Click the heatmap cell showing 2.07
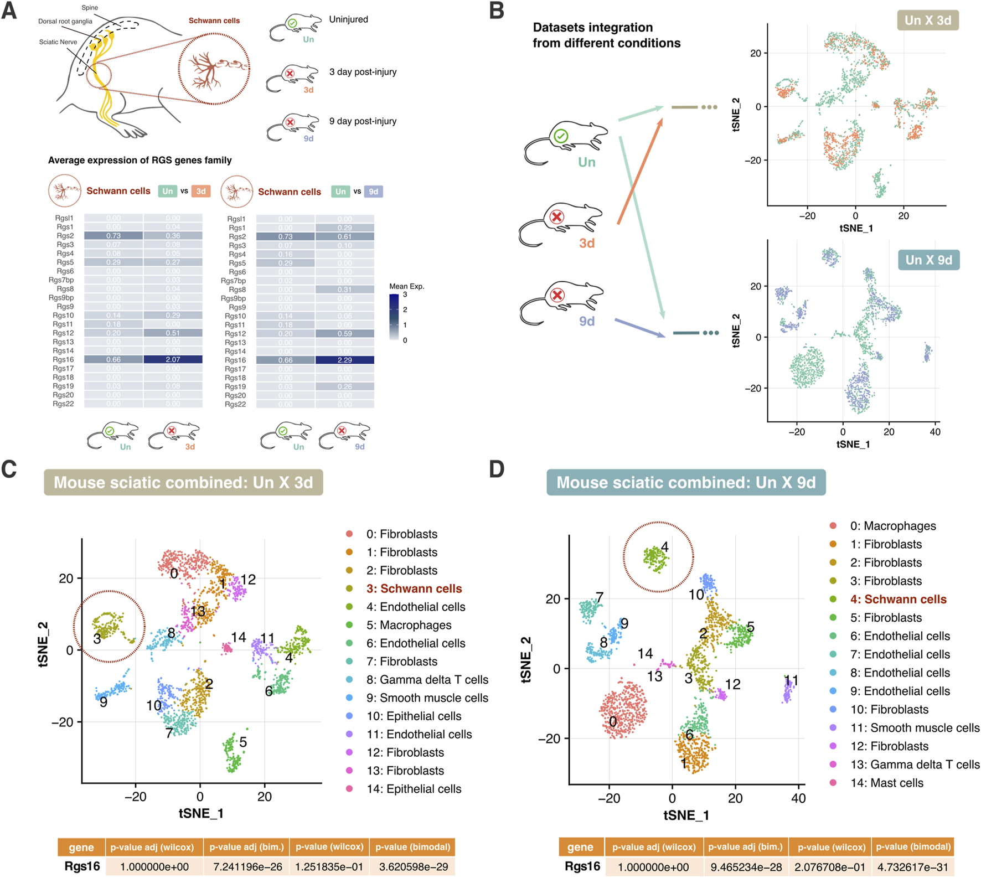coord(173,360)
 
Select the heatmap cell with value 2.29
coord(344,360)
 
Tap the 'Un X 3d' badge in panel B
coord(928,20)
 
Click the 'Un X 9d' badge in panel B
coord(928,260)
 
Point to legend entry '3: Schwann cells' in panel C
coord(414,588)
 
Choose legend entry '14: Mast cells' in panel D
coord(886,783)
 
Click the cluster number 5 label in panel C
coord(243,742)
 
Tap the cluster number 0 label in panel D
coord(612,721)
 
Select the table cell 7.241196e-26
coord(246,867)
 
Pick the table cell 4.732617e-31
coord(913,867)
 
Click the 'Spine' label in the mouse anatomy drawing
coord(90,8)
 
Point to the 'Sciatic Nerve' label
coord(58,42)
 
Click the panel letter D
coord(497,469)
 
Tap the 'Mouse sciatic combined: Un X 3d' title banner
coord(183,482)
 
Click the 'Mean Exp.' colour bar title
coord(406,286)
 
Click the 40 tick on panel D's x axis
coord(798,798)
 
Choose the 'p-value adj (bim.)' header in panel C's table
coord(246,847)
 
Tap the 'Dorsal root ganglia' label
coord(65,22)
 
